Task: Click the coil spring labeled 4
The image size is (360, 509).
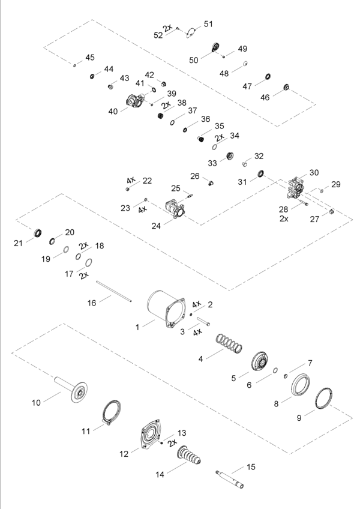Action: tap(229, 343)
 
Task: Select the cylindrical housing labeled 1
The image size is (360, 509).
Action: tap(166, 308)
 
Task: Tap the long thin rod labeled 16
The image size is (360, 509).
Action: tap(113, 292)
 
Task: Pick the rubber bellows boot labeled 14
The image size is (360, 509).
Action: tap(189, 456)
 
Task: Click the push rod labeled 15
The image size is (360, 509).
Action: tap(230, 479)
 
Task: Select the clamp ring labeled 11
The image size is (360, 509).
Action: tap(111, 412)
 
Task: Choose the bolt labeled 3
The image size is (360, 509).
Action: tap(203, 321)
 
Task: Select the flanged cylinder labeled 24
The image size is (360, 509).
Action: tap(175, 209)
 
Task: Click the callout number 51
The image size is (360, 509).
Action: tap(208, 24)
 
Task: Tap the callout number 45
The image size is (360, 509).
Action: tap(90, 58)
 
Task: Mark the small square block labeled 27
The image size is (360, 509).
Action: tap(331, 212)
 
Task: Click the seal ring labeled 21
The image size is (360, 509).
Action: tap(38, 233)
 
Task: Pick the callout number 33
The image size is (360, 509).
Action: tap(212, 163)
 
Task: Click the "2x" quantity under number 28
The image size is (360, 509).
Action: tap(284, 219)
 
